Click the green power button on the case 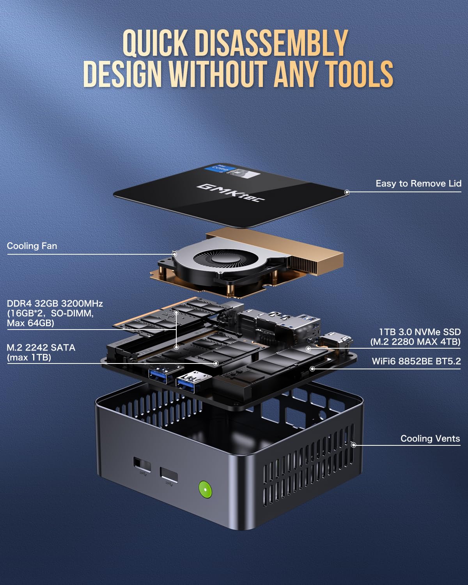205,489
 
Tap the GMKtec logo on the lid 230,192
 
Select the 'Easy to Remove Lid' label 418,184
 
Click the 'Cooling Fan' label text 32,246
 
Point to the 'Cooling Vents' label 430,439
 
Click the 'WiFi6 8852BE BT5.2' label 416,361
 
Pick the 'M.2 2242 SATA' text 41,347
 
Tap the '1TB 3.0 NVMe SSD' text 420,332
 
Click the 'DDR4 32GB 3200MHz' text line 55,303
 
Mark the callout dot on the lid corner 347,192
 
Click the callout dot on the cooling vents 354,445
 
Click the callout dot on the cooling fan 174,254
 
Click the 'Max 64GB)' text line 30,323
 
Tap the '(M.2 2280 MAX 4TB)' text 415,342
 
